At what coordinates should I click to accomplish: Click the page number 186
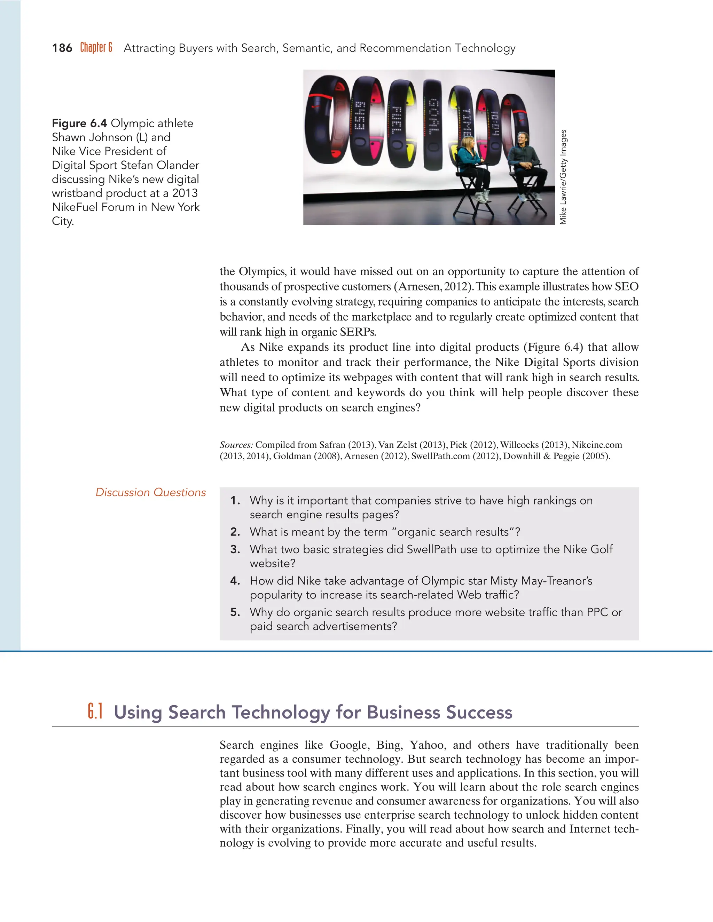62,48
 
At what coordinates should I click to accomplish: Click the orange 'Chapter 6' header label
96,47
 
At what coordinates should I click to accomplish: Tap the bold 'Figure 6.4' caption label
79,123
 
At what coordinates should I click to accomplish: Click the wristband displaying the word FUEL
397,122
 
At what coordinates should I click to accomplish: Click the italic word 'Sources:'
236,445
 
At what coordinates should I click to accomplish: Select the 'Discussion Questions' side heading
151,492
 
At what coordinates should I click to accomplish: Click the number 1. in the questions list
235,501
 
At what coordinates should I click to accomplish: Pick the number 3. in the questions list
235,550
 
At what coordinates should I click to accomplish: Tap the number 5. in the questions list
235,613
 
